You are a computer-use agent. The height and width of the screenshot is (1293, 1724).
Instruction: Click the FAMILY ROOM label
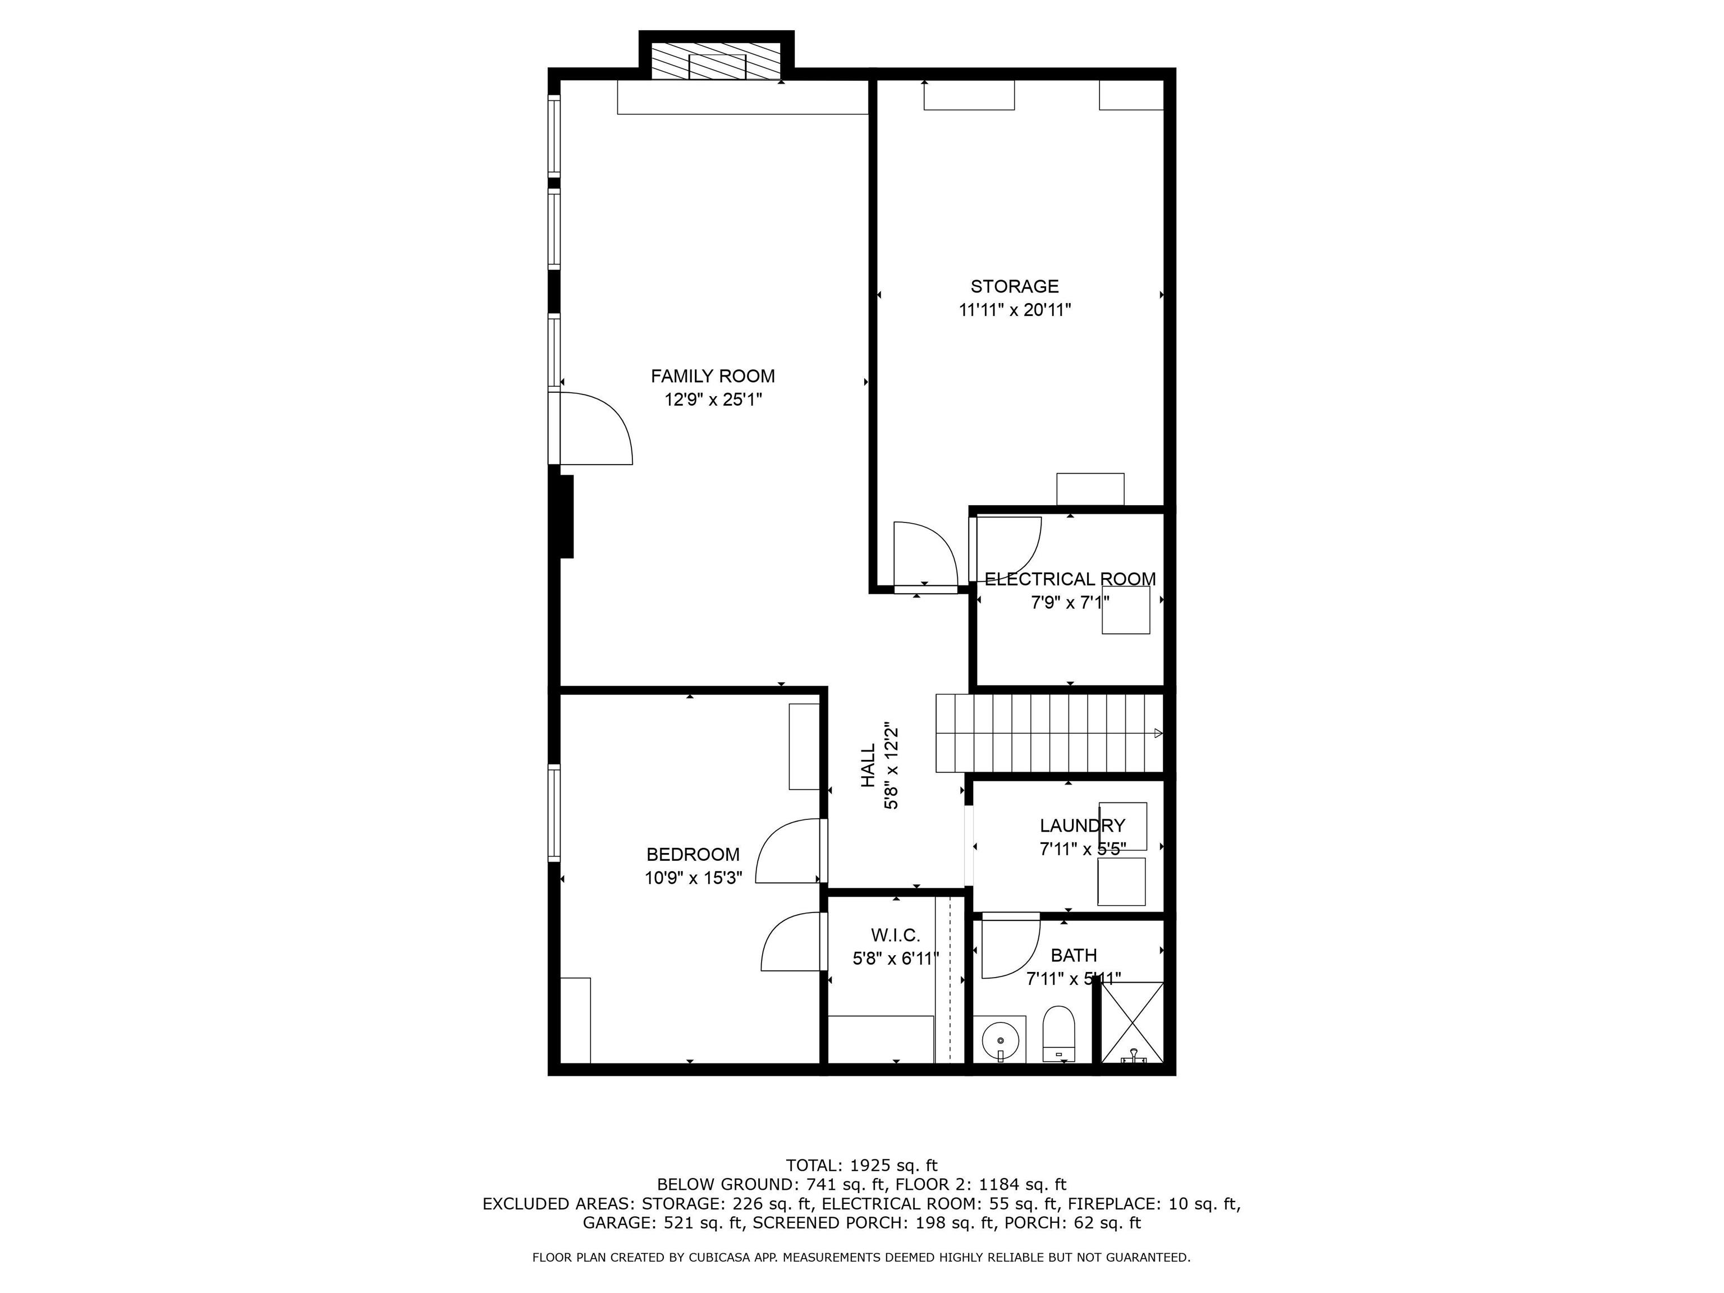coord(712,377)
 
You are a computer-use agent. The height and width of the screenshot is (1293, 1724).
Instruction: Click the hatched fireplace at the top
coord(716,61)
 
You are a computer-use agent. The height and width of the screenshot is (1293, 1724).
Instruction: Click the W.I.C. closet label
coord(896,934)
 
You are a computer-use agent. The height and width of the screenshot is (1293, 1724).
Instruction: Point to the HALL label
coord(868,764)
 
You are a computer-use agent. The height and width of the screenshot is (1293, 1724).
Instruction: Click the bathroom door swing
coord(1009,947)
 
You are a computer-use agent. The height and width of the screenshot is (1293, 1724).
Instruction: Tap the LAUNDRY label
coord(1082,826)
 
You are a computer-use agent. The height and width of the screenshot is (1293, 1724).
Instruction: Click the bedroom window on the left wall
coord(554,812)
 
